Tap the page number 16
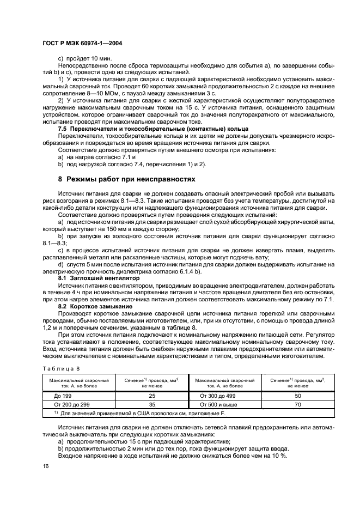pos(45,466)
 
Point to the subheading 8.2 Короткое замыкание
pos(90,306)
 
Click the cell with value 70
pos(297,405)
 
